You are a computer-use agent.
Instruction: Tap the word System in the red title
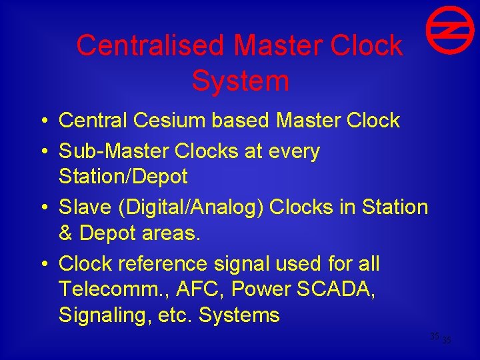pos(240,81)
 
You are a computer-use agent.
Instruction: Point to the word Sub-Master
pos(114,151)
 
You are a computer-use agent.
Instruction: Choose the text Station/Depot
pos(123,177)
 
